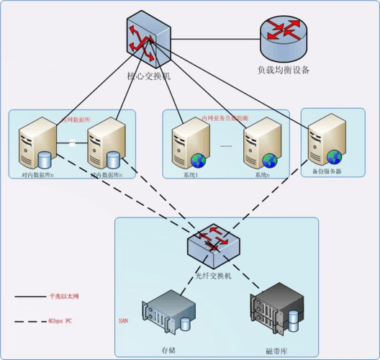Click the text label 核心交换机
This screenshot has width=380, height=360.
[147, 76]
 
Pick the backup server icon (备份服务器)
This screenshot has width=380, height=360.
[323, 143]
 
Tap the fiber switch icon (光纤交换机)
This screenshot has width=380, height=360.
[212, 246]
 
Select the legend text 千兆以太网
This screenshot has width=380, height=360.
[63, 296]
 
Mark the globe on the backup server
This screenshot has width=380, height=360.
[332, 156]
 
